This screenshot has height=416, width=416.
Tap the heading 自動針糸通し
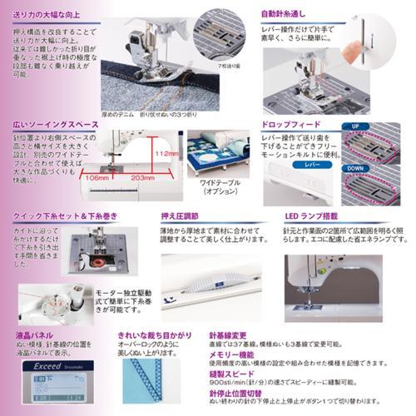point(290,14)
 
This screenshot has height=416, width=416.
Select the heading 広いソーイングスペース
point(51,123)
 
